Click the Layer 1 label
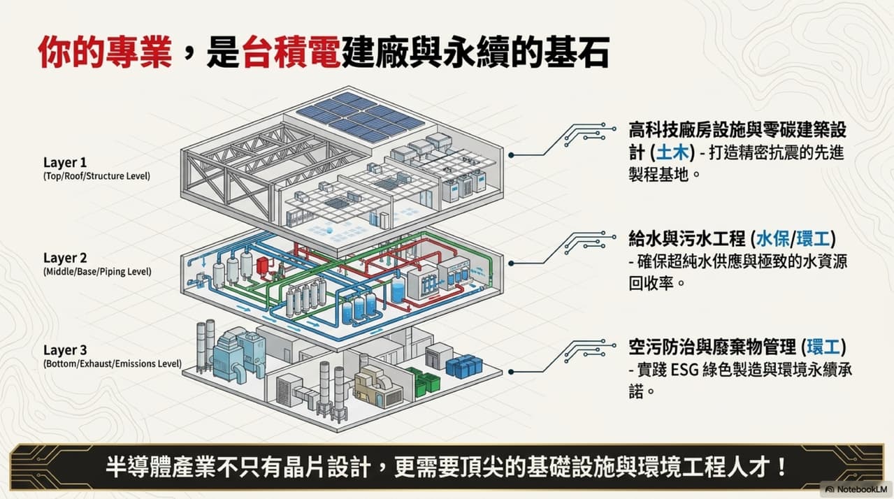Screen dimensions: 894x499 click(x=65, y=162)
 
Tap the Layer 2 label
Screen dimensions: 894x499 click(x=65, y=259)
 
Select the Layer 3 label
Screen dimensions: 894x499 click(x=65, y=350)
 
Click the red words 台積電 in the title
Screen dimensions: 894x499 click(x=291, y=52)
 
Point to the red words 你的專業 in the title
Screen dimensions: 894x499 click(x=106, y=52)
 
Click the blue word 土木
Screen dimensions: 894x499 click(x=672, y=152)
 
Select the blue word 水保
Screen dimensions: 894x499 click(x=772, y=239)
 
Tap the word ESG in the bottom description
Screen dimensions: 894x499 click(x=684, y=370)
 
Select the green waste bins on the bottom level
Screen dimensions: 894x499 click(x=426, y=382)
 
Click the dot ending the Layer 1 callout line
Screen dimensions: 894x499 click(x=511, y=155)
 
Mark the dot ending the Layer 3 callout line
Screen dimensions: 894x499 click(x=511, y=372)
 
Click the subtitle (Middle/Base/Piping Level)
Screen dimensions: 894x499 click(x=97, y=272)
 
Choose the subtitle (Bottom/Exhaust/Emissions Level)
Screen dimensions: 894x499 click(x=113, y=363)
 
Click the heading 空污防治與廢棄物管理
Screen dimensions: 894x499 click(x=712, y=347)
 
